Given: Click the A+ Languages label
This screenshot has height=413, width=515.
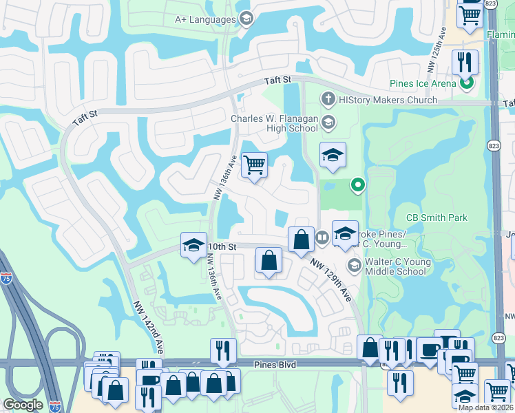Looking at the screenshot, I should (x=204, y=19).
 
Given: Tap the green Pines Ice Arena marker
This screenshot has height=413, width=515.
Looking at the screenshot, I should (x=467, y=84).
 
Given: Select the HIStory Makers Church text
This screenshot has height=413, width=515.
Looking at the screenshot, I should (x=388, y=100).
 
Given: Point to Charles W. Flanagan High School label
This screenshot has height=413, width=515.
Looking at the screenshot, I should (x=274, y=123).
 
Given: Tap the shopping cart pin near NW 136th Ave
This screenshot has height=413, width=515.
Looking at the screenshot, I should (x=255, y=165).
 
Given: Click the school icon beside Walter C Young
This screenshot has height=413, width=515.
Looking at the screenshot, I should (x=355, y=265).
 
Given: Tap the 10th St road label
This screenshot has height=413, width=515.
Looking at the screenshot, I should (x=222, y=246).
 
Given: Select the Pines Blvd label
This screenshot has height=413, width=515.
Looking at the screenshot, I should (x=275, y=365).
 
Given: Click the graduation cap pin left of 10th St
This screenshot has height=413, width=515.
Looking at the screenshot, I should (x=193, y=244).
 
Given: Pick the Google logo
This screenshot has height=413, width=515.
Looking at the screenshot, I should (x=23, y=405).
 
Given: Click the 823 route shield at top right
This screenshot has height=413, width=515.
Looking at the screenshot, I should (x=490, y=3).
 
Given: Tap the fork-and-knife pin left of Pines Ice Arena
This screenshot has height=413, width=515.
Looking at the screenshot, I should (x=465, y=63).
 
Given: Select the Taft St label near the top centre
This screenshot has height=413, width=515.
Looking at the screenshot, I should (x=278, y=81).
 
